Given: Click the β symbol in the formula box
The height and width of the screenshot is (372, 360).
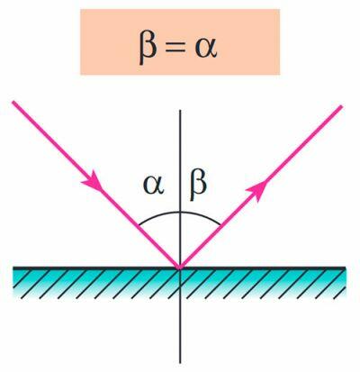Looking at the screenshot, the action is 148,49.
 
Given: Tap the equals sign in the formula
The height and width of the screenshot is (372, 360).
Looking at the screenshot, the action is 175,48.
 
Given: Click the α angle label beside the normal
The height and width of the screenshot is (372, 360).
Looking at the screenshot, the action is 154,185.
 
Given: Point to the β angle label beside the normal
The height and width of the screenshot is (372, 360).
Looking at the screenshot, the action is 198,186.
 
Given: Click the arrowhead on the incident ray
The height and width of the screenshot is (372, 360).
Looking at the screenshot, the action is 93,180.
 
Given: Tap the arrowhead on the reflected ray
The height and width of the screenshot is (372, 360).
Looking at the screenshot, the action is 256,191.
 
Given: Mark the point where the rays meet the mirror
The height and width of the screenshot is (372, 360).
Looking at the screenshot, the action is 180,267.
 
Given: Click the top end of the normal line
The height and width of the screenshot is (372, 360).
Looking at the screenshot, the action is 180,110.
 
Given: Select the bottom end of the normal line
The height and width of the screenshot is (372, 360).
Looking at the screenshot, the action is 180,363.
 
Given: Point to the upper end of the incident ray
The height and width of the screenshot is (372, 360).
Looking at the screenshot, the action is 13,102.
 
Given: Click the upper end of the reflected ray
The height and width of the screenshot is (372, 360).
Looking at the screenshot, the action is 341,106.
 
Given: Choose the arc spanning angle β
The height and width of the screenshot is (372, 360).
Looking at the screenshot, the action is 202,215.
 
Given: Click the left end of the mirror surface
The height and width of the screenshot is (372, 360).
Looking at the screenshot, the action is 13,268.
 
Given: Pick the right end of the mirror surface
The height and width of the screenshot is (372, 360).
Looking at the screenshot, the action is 346,268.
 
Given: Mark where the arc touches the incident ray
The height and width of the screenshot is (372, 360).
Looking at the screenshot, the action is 139,225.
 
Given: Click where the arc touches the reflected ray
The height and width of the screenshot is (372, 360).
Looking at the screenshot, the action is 220,224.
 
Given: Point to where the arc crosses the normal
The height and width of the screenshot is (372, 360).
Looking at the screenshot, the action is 180,212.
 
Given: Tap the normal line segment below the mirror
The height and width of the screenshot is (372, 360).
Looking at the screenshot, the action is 180,315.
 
